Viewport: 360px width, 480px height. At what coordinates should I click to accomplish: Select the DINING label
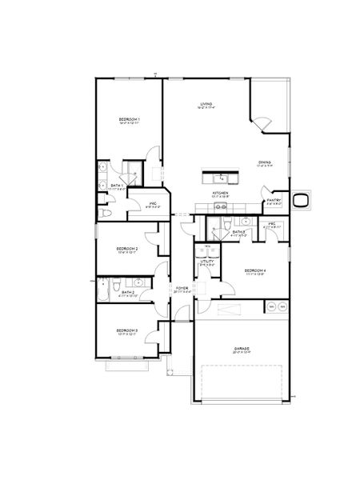(x=264, y=162)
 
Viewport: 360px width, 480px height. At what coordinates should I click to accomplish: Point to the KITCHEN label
(x=221, y=193)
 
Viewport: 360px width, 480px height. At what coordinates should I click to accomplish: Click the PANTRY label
(x=273, y=202)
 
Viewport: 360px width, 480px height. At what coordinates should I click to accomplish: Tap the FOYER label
(x=182, y=286)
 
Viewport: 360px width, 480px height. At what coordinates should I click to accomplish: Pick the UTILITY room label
(x=206, y=261)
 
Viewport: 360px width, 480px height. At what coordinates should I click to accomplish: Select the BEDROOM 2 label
(x=128, y=249)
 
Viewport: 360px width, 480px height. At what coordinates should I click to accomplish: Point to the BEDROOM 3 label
(x=127, y=330)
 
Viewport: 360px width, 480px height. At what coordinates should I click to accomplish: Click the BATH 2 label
(x=129, y=292)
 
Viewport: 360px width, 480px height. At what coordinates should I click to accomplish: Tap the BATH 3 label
(x=238, y=231)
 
